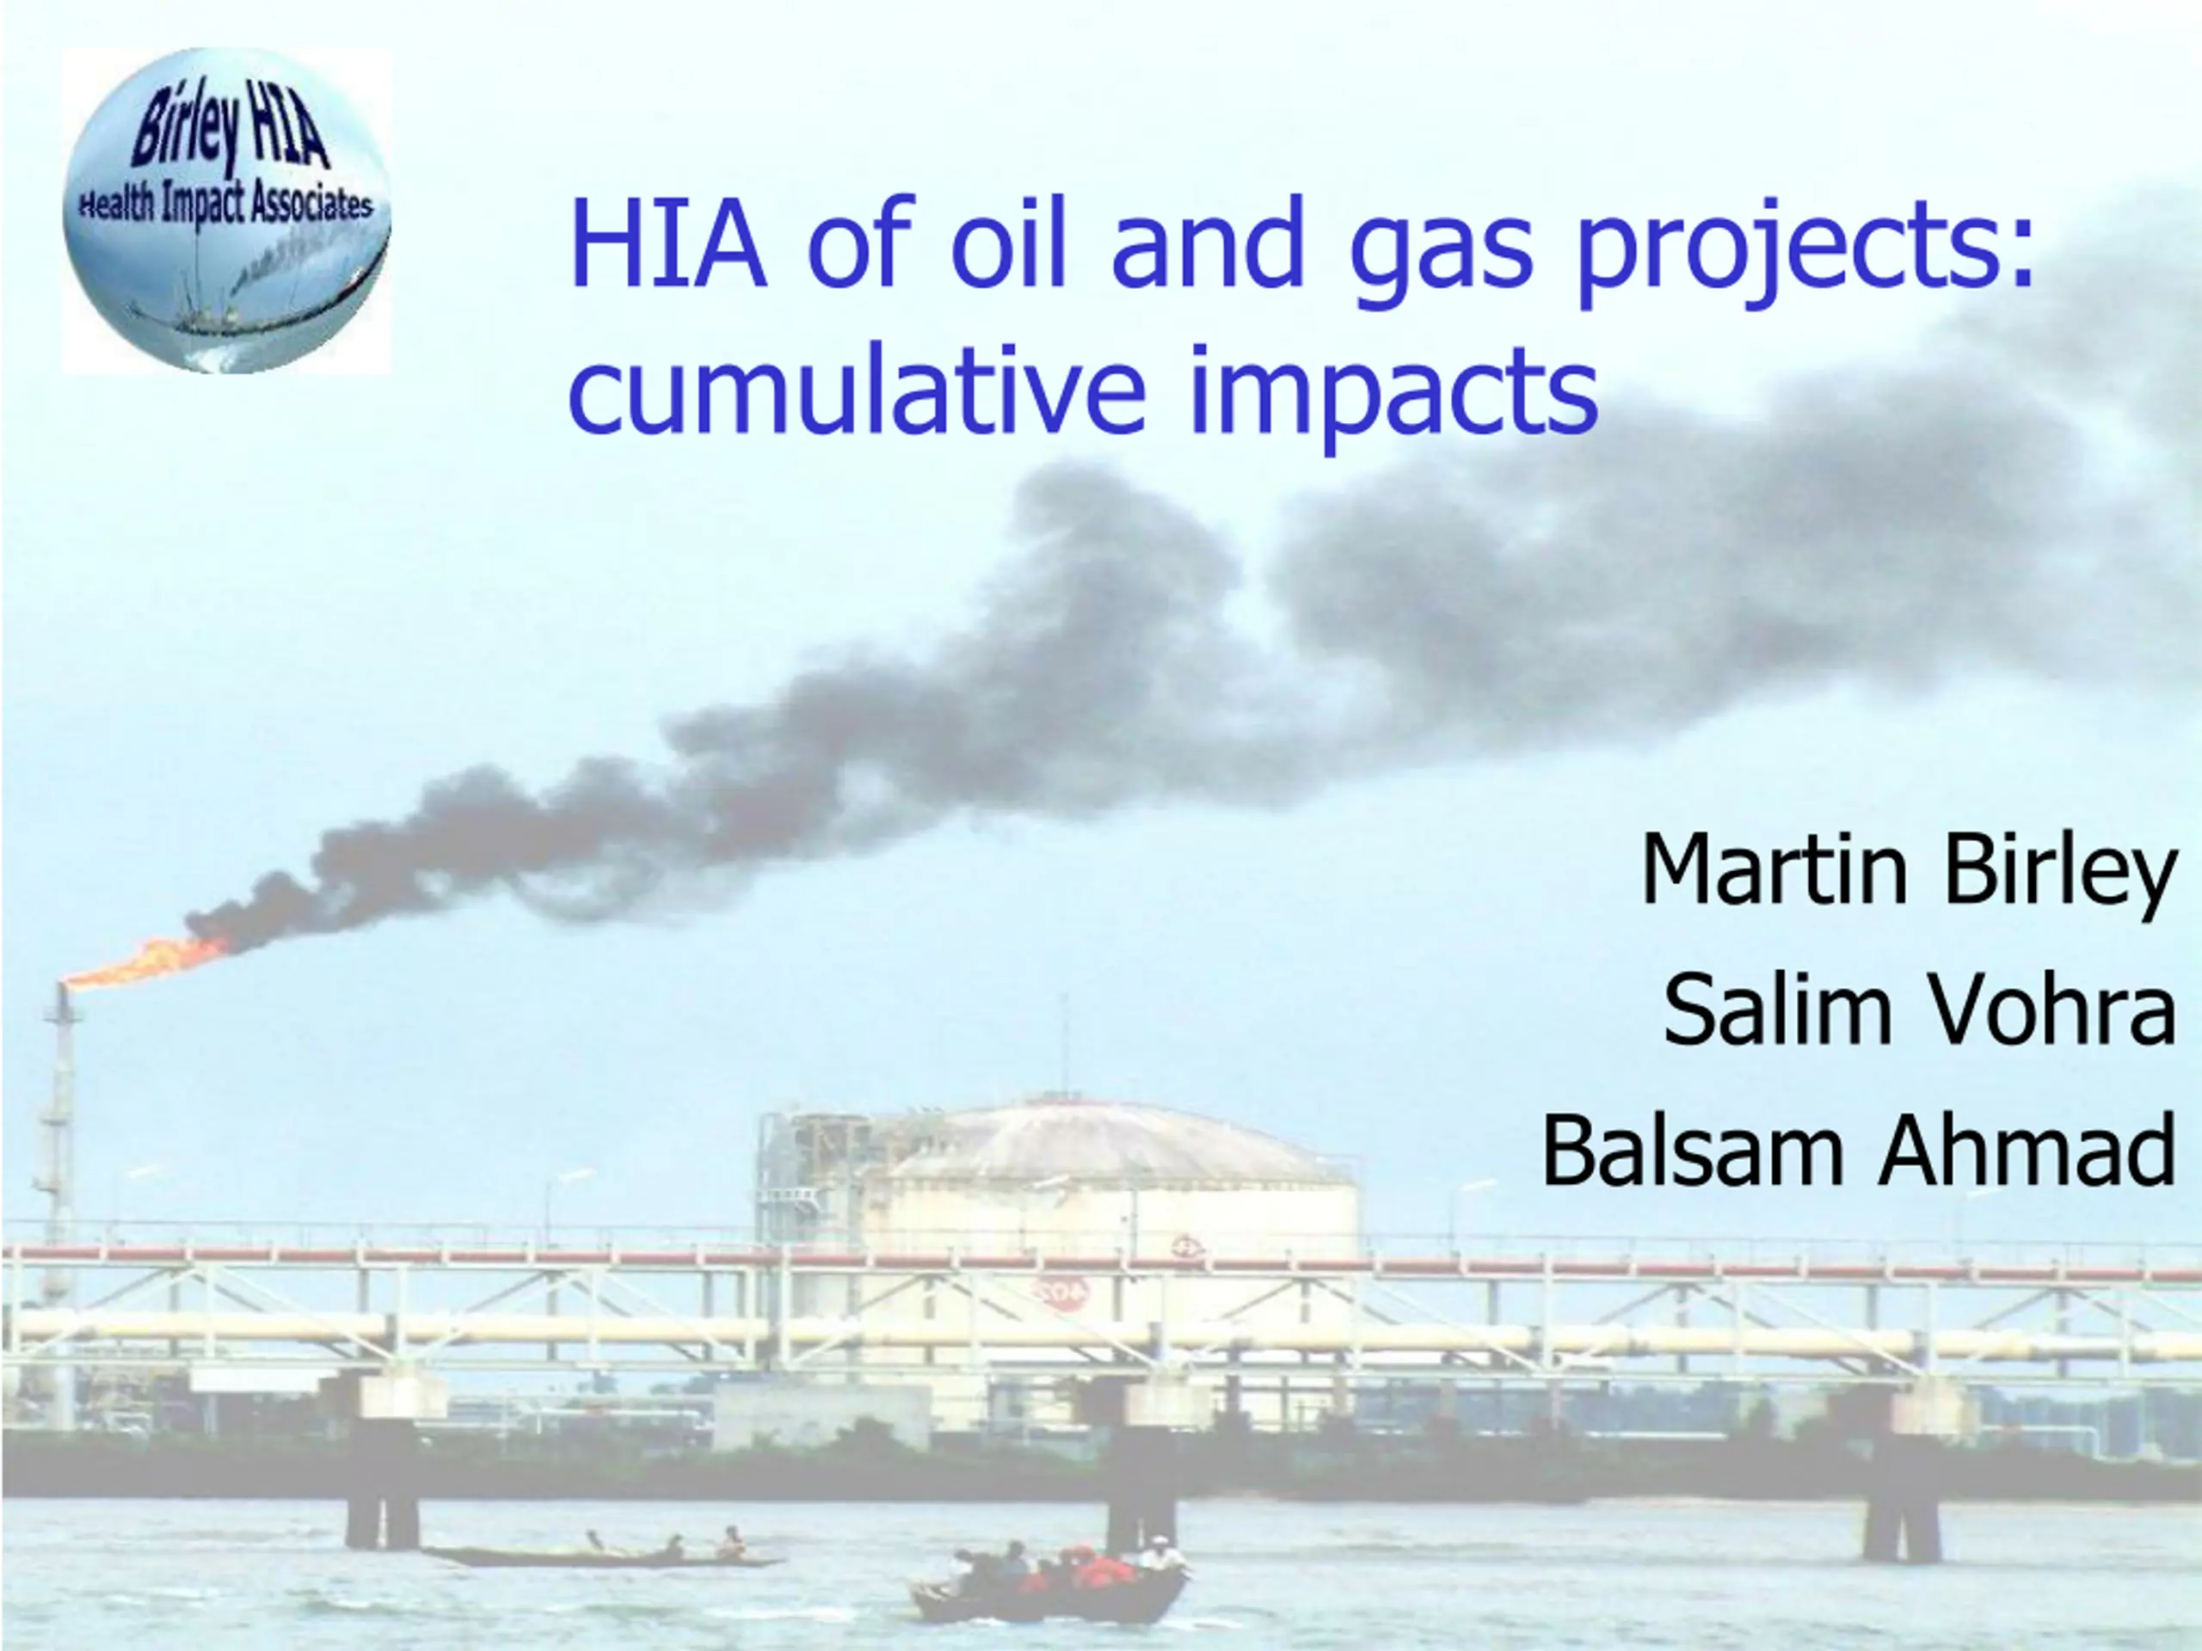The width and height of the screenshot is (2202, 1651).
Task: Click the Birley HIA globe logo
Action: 227,211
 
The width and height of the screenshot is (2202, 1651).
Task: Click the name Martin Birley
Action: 1910,872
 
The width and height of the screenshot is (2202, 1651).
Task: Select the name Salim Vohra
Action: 1919,1010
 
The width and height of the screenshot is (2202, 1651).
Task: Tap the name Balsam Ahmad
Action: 1859,1150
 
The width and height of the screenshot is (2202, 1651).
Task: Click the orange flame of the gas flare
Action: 150,960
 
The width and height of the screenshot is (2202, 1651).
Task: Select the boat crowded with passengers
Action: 1051,1582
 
